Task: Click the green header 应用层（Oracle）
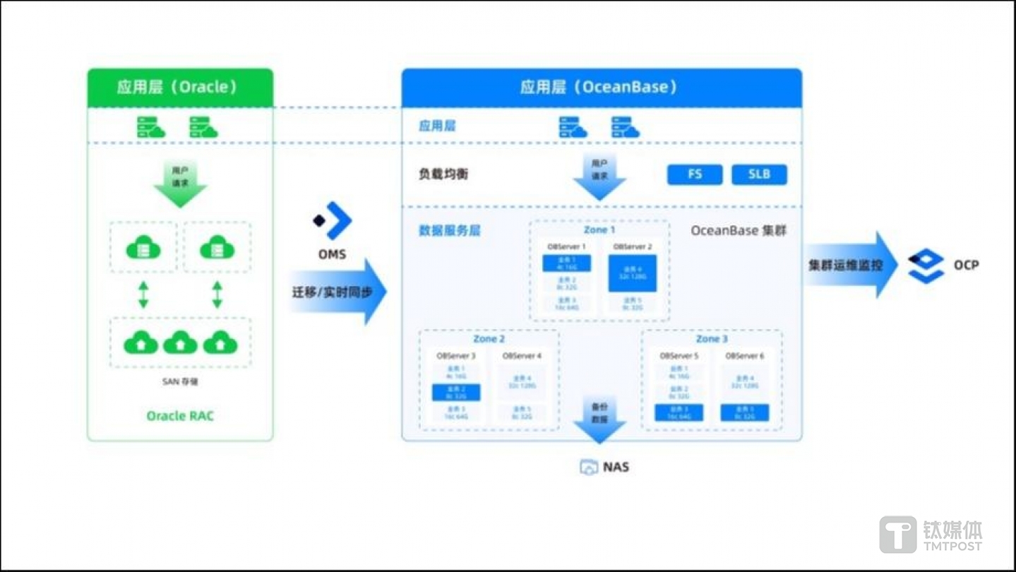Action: [x=179, y=88]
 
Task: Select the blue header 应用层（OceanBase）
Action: [x=601, y=88]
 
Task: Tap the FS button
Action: [x=695, y=174]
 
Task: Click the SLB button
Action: [x=759, y=174]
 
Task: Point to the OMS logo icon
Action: [x=333, y=220]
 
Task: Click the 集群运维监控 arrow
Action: [x=850, y=266]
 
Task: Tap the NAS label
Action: [x=616, y=467]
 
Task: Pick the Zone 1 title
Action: [x=599, y=230]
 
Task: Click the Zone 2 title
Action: [x=489, y=340]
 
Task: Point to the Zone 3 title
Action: [x=712, y=340]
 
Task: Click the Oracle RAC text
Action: [x=179, y=416]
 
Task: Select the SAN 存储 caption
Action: [x=180, y=382]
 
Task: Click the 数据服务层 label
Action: [x=450, y=231]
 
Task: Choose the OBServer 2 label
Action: [x=633, y=247]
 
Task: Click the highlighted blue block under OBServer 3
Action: [x=456, y=393]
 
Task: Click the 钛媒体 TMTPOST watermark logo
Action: [x=931, y=535]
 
